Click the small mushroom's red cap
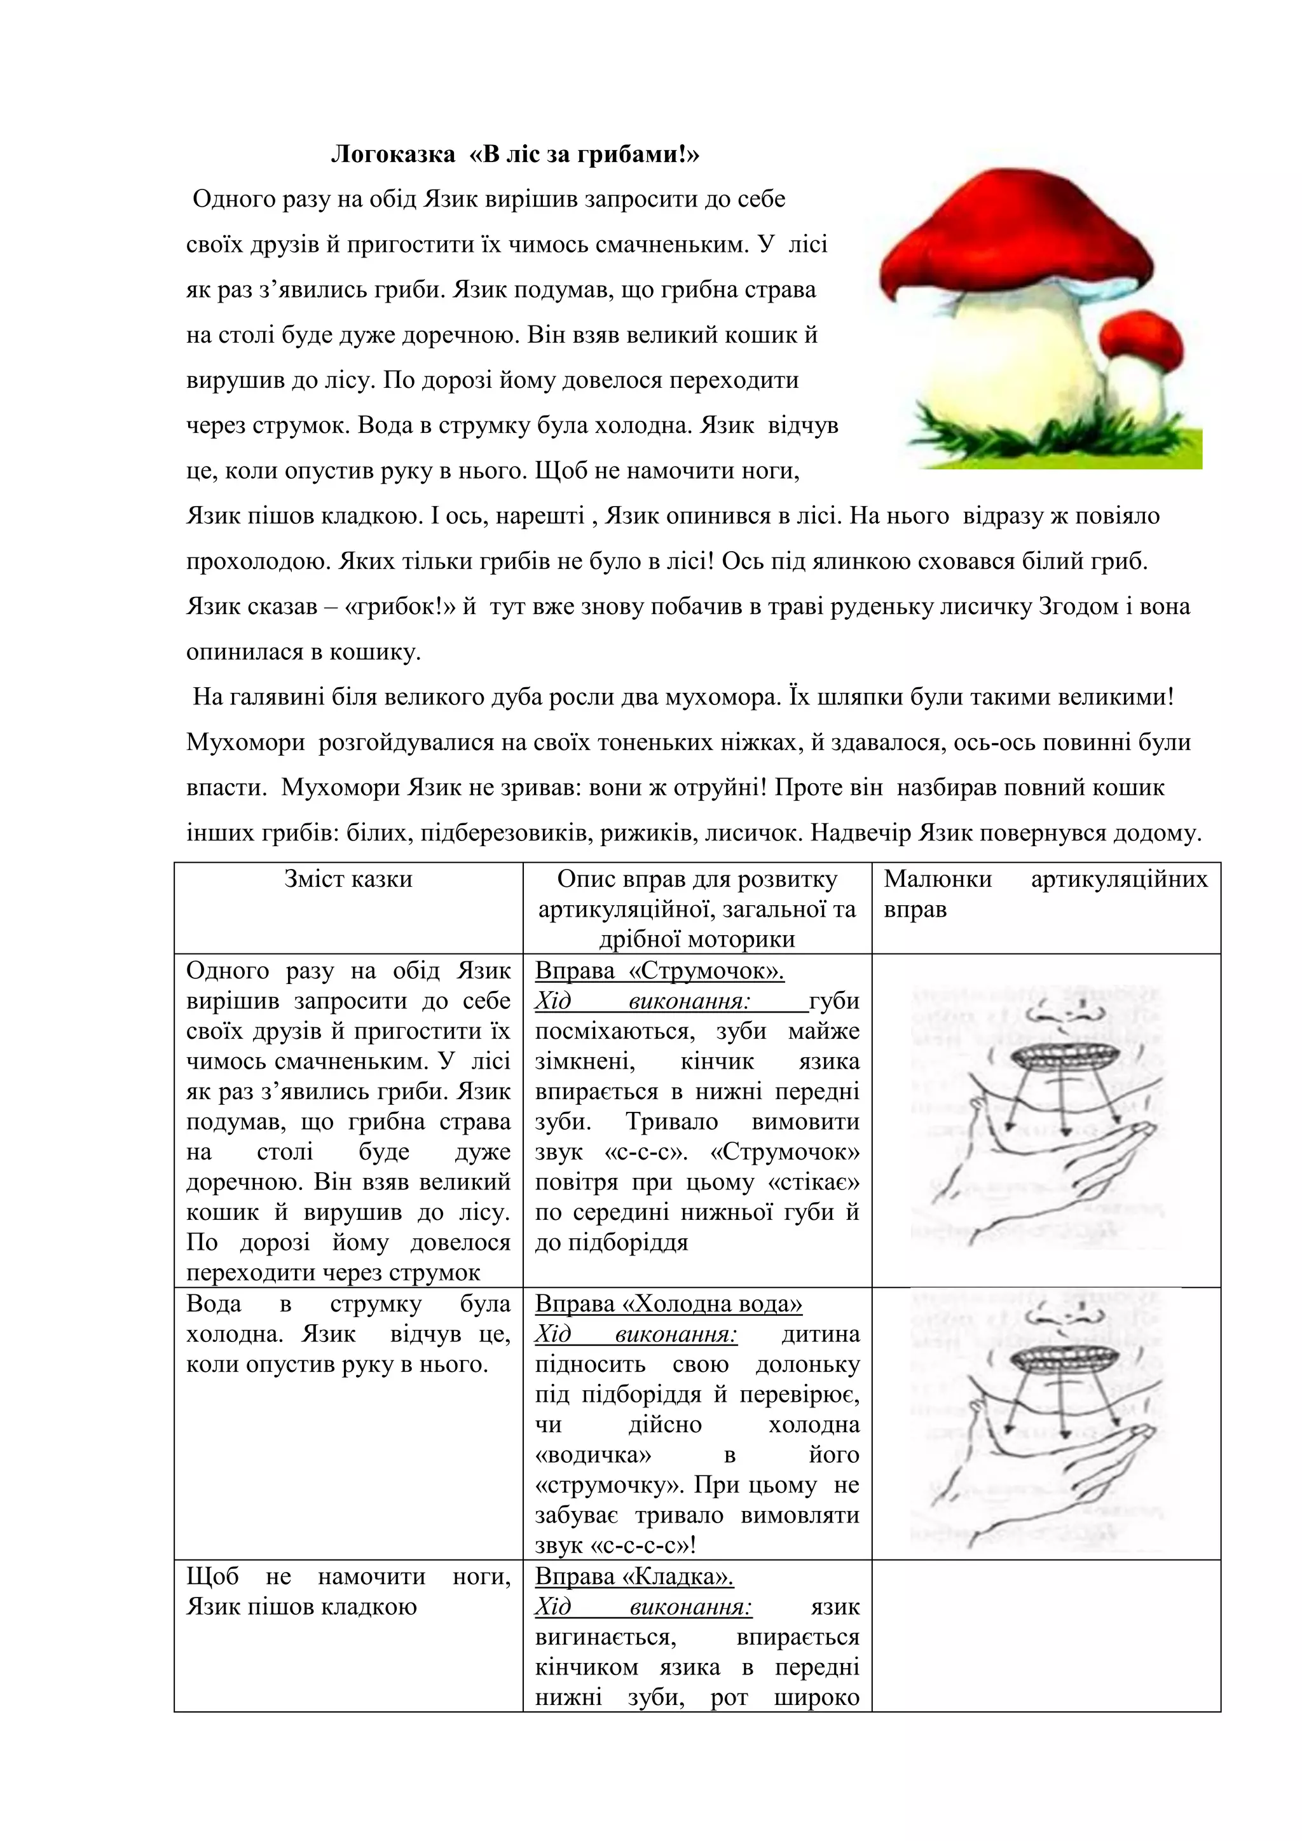pos(1142,335)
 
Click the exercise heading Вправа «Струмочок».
pos(659,972)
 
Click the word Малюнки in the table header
pos(937,880)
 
